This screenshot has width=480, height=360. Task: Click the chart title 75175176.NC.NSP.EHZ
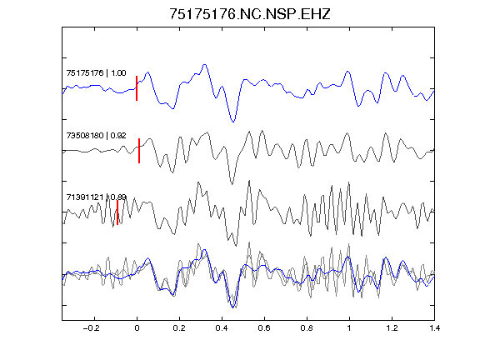tap(250, 14)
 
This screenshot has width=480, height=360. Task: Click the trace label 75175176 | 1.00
tap(96, 72)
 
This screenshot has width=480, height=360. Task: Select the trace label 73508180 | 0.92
tap(96, 135)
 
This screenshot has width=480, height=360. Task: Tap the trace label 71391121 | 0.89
tap(96, 197)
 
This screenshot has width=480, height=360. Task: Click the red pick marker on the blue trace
tap(137, 88)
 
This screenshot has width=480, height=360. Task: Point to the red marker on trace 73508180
tap(139, 151)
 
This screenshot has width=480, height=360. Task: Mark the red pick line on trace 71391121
tap(117, 212)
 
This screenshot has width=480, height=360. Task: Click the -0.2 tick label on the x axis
tap(91, 328)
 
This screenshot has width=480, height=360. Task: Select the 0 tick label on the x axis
tap(137, 328)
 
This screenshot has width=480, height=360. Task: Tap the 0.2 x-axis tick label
tap(179, 328)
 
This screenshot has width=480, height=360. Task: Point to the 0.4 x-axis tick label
tap(222, 328)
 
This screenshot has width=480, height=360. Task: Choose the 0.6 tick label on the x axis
tap(264, 328)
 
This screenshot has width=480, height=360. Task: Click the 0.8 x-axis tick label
tap(307, 328)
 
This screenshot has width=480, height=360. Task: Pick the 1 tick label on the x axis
tap(349, 328)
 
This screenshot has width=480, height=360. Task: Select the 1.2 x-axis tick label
tap(392, 328)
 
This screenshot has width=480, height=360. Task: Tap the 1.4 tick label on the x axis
tap(434, 328)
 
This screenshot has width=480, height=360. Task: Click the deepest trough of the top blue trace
tap(233, 122)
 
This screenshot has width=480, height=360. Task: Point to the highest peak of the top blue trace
tap(204, 65)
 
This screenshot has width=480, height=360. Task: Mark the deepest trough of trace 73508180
tap(232, 184)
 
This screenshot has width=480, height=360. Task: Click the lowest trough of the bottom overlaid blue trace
tap(232, 307)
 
